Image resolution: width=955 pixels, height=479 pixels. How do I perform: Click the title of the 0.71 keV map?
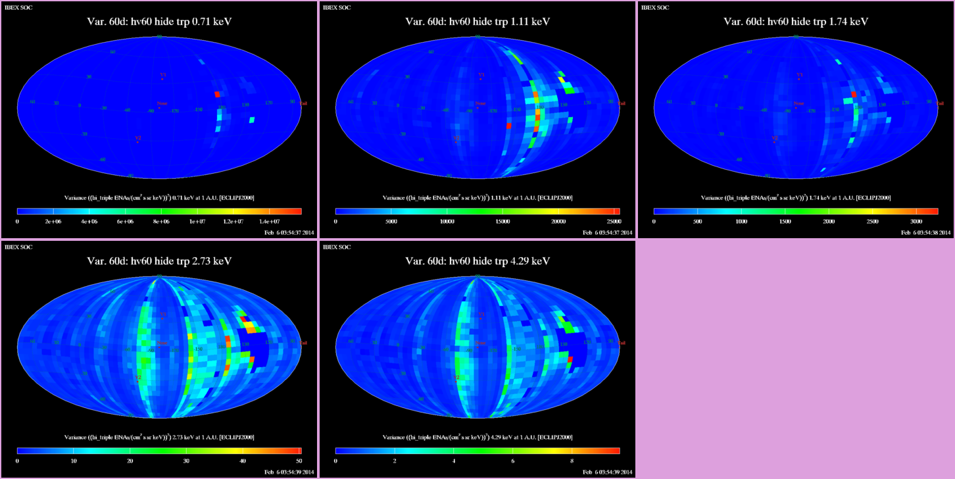point(159,22)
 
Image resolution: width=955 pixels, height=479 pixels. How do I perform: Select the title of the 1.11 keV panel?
point(477,22)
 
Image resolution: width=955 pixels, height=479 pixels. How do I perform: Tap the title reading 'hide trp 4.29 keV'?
point(477,261)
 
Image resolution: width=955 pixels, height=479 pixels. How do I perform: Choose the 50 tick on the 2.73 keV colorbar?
point(299,461)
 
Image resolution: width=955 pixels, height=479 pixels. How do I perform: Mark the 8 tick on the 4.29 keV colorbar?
point(572,461)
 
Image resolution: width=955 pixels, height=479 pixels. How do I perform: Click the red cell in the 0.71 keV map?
point(217,95)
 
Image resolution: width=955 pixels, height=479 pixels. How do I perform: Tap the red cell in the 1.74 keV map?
point(854,95)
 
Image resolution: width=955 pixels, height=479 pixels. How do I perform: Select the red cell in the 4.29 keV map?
point(570,359)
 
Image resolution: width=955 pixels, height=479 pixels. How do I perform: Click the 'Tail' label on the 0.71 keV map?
point(303,103)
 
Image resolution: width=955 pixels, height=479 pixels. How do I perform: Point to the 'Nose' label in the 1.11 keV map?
point(480,103)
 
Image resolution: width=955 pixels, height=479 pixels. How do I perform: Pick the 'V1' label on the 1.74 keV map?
point(799,75)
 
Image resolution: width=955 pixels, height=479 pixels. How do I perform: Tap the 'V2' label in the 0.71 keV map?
point(138,138)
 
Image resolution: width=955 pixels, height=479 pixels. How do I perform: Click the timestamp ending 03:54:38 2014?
point(926,232)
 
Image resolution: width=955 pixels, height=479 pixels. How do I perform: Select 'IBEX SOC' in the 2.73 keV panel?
point(18,247)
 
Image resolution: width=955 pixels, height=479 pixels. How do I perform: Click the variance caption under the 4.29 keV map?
point(477,437)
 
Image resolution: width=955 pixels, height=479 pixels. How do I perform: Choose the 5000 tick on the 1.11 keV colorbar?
point(391,221)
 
